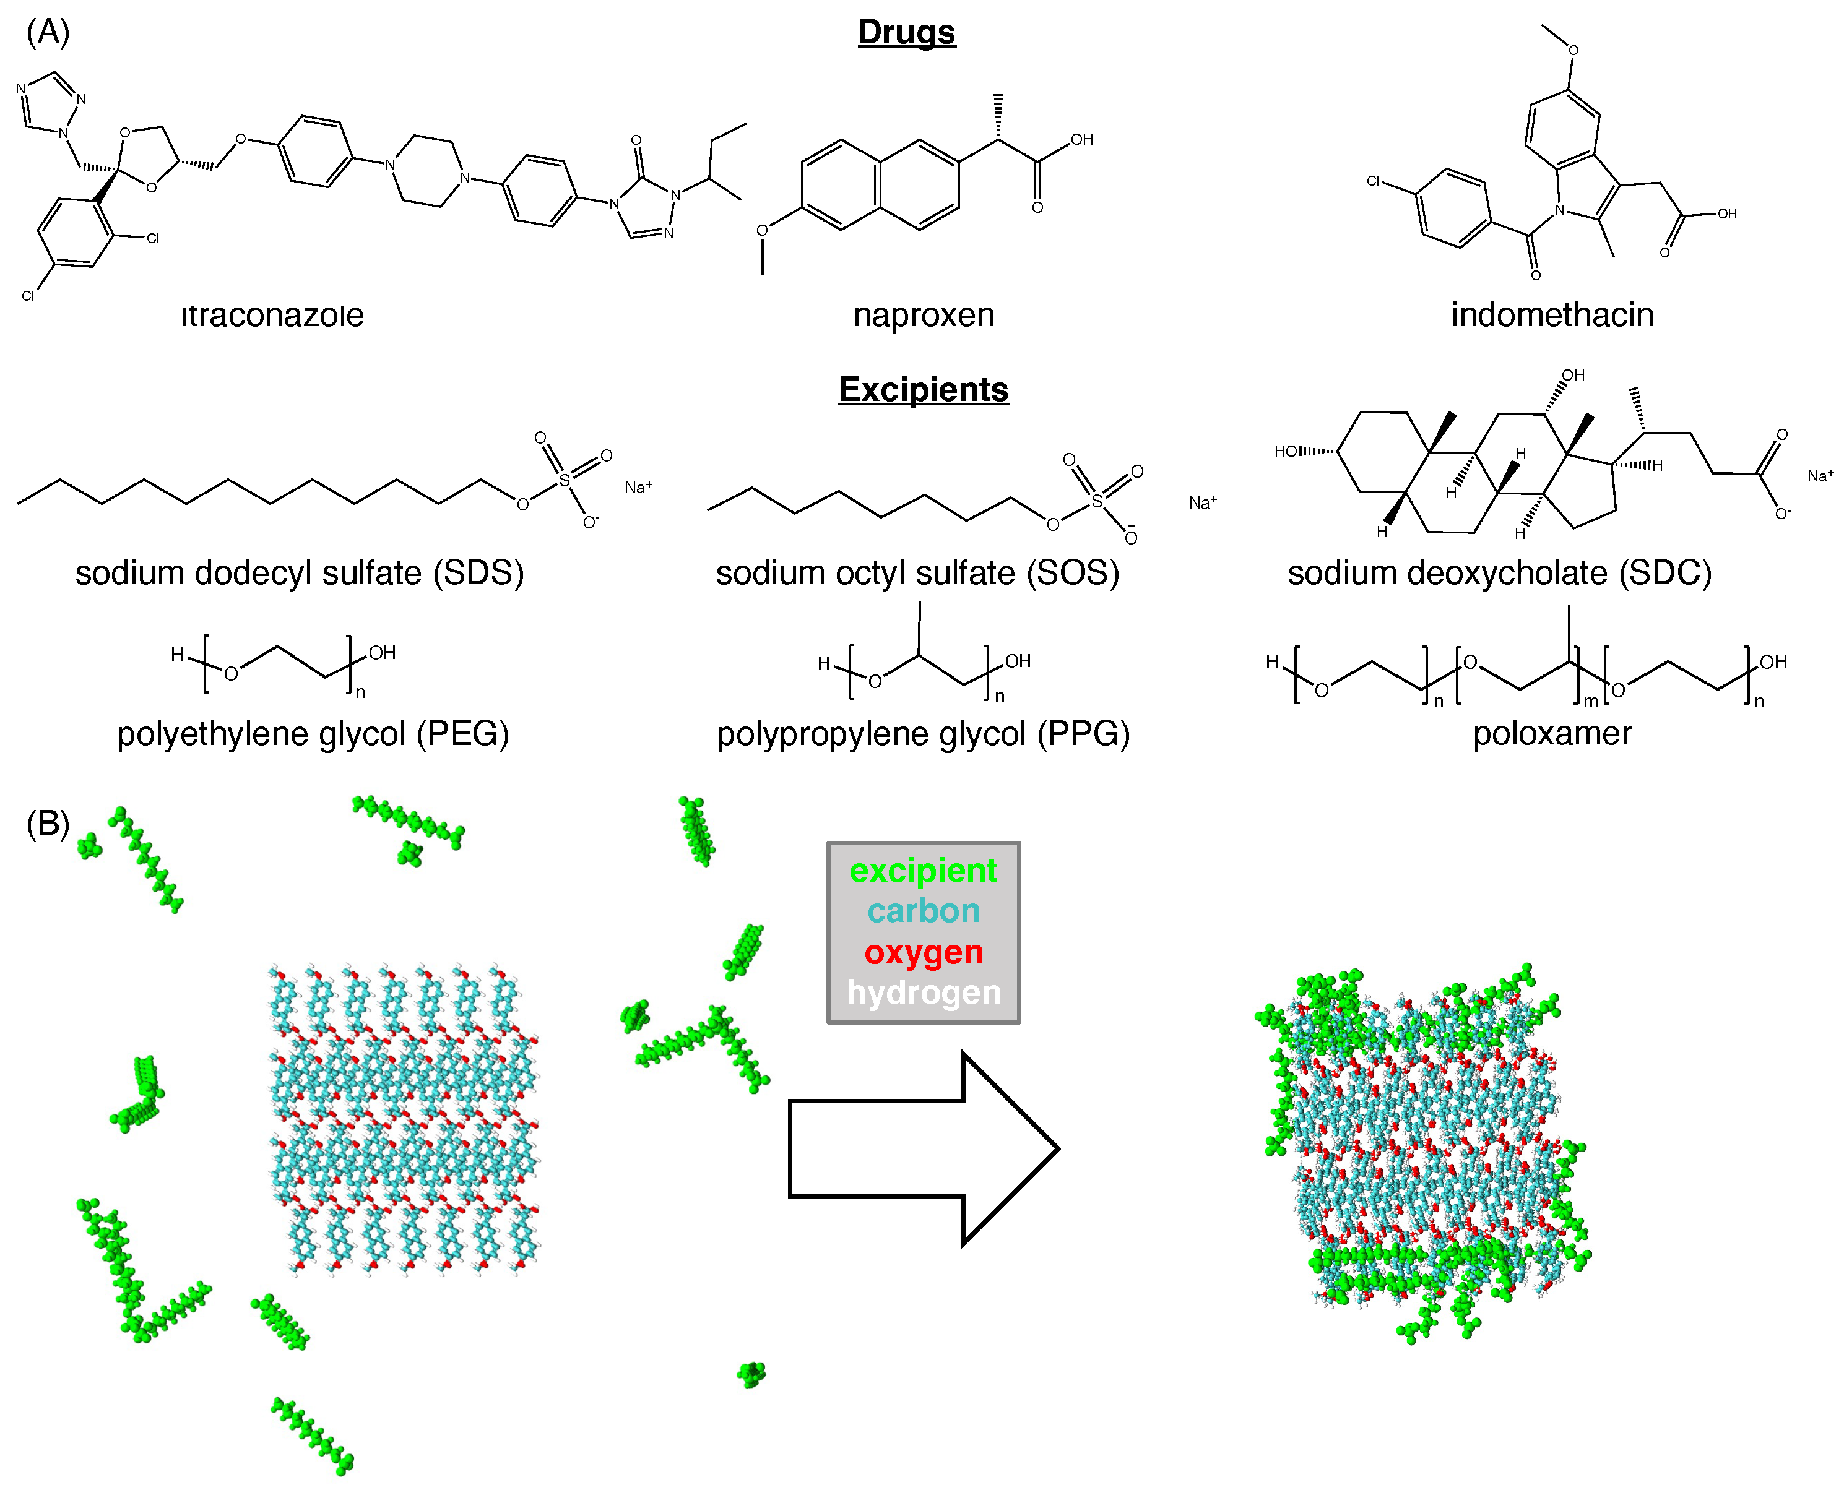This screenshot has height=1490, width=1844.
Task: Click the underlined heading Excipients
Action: tap(923, 390)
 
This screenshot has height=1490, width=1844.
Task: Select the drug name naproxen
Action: tap(924, 315)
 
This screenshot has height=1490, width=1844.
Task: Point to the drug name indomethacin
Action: tap(1551, 315)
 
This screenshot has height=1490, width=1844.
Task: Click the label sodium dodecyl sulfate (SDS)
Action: tap(299, 572)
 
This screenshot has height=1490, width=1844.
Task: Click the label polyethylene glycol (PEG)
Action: tap(313, 734)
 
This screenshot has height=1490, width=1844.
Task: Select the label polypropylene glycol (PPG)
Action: tap(923, 734)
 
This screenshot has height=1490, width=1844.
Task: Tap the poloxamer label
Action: tap(1551, 734)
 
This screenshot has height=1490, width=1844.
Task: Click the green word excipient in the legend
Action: tap(923, 871)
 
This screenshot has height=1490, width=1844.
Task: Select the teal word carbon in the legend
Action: tap(923, 911)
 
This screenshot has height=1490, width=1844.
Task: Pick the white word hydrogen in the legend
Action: tap(923, 992)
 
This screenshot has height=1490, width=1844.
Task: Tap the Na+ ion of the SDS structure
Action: tap(638, 488)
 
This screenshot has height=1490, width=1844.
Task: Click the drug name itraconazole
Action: tap(272, 315)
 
